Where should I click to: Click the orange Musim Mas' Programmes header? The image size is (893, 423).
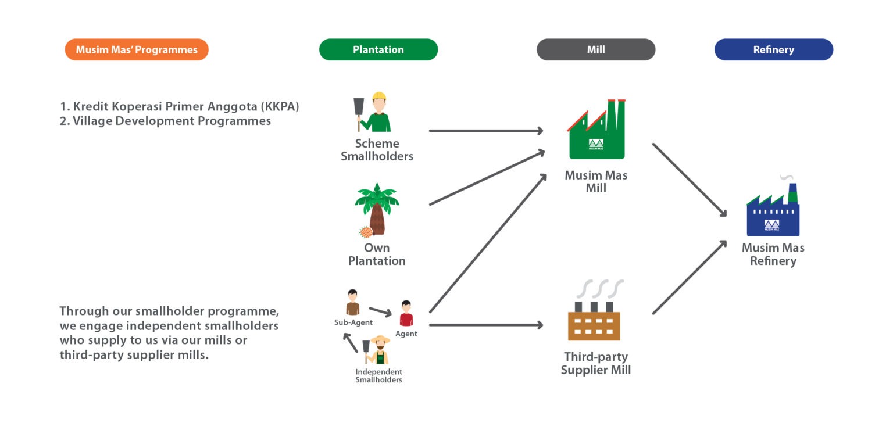pyautogui.click(x=137, y=49)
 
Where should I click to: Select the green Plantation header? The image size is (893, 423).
pyautogui.click(x=378, y=49)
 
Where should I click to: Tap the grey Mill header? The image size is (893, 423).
pyautogui.click(x=595, y=49)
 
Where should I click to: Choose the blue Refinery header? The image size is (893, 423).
pyautogui.click(x=773, y=49)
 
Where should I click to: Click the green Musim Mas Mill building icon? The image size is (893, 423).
pyautogui.click(x=596, y=132)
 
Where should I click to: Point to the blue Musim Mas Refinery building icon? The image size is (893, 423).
pyautogui.click(x=773, y=213)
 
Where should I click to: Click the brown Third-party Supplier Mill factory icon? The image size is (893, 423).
pyautogui.click(x=594, y=320)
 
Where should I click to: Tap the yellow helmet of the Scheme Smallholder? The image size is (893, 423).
pyautogui.click(x=379, y=96)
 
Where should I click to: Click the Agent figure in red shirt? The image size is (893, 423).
pyautogui.click(x=406, y=314)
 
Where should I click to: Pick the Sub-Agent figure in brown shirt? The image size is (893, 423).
pyautogui.click(x=352, y=303)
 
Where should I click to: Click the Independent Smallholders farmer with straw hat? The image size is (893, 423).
pyautogui.click(x=380, y=350)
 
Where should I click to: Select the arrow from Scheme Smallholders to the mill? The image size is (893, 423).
pyautogui.click(x=485, y=131)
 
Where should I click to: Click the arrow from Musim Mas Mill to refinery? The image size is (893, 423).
pyautogui.click(x=690, y=180)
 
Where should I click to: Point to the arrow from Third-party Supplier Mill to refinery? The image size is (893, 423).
pyautogui.click(x=690, y=277)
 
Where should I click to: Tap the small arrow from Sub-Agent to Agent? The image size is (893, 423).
pyautogui.click(x=380, y=312)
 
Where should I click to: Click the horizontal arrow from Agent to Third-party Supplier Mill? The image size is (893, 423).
pyautogui.click(x=485, y=325)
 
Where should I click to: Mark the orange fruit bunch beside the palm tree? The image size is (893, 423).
pyautogui.click(x=366, y=232)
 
